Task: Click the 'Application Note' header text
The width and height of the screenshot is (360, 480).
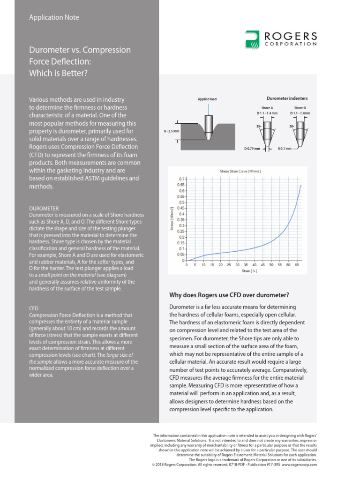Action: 54,17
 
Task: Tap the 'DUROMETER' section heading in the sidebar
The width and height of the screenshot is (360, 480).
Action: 44,208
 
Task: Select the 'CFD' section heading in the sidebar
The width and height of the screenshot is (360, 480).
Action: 34,309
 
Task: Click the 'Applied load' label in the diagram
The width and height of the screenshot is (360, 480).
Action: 207,99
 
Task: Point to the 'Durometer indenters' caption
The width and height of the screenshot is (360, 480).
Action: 287,98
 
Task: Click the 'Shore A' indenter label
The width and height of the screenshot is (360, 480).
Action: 267,108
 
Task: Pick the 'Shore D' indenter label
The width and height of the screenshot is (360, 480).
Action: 300,108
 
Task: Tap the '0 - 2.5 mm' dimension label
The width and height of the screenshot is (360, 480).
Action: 172,131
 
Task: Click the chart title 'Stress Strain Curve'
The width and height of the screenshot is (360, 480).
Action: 240,172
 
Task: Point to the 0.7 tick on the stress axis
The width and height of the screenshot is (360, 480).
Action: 182,179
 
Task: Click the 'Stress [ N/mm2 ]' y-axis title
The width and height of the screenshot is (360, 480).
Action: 172,219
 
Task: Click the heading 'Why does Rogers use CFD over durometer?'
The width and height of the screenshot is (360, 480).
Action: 229,295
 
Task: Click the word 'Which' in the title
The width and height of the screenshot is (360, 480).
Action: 41,73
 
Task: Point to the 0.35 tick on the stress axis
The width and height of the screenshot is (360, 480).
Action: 181,219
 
